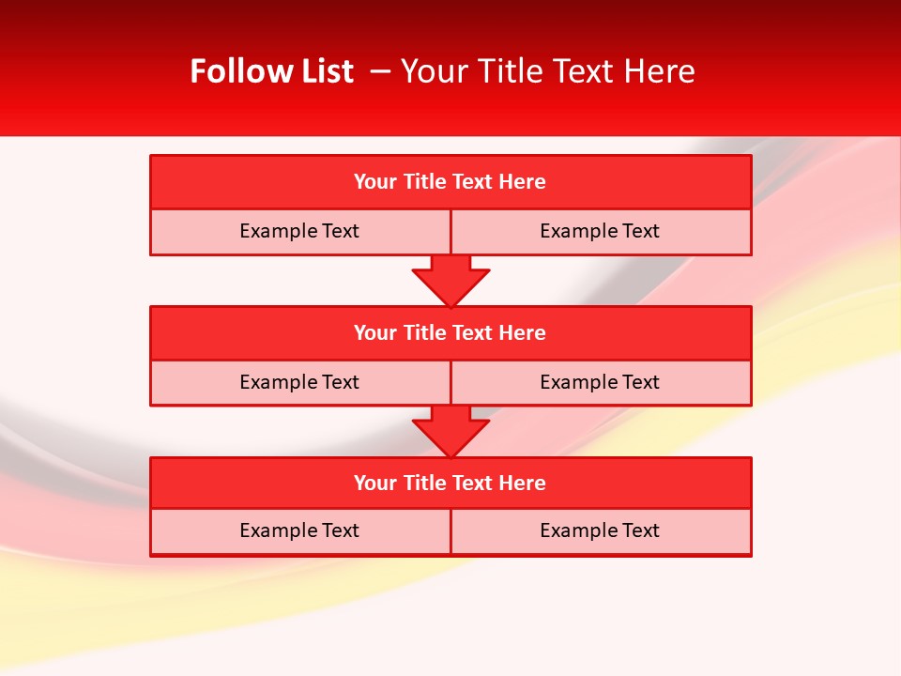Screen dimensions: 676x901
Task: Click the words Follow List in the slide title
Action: coord(271,71)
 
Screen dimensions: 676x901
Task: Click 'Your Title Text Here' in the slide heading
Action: coord(548,71)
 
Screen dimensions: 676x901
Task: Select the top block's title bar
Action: coord(450,182)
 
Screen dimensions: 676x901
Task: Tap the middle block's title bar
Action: coord(450,333)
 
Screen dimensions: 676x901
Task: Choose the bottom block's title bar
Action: coord(450,484)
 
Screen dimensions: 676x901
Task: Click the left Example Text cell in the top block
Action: coord(299,232)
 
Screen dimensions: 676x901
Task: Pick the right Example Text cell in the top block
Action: coord(600,232)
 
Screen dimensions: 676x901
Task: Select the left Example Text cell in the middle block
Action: coord(299,383)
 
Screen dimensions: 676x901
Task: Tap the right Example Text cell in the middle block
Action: coord(600,383)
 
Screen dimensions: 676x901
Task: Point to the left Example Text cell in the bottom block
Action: coord(299,531)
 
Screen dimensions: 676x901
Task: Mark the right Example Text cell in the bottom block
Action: coord(600,531)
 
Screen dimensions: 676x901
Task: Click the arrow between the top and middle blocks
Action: coord(450,280)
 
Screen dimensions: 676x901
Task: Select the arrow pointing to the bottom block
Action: coord(450,431)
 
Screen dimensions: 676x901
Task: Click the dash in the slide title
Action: coord(381,71)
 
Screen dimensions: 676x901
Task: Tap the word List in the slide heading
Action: coord(323,71)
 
